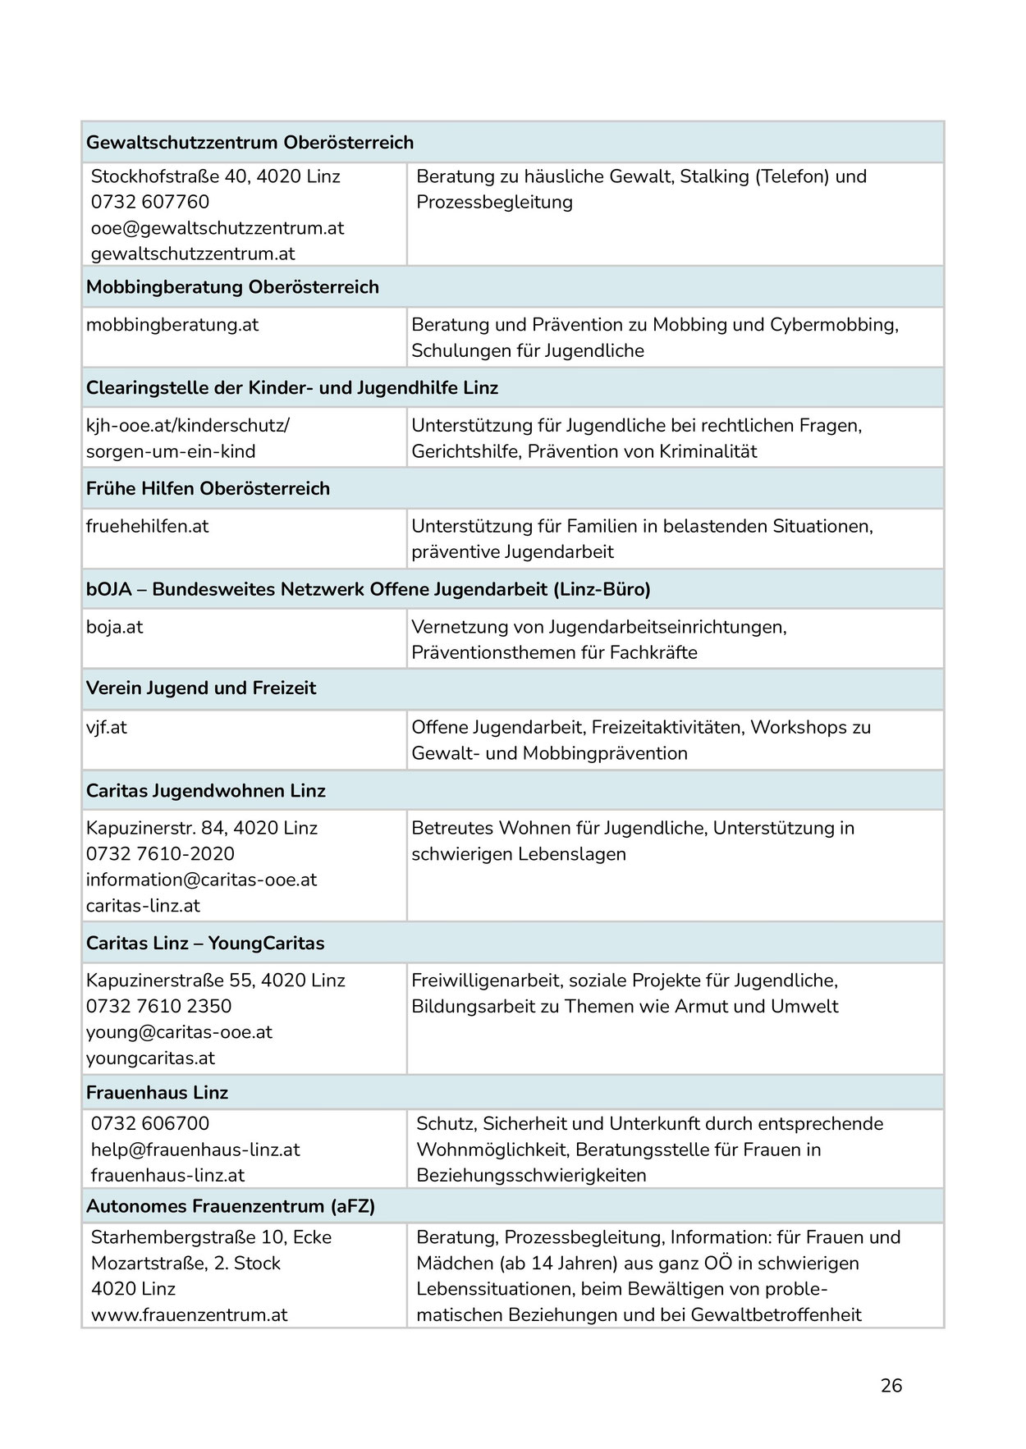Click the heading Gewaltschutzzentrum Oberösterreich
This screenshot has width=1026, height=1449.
pyautogui.click(x=250, y=143)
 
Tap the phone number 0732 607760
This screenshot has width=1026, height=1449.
pyautogui.click(x=150, y=202)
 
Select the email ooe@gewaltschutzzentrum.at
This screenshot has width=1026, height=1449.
pyautogui.click(x=218, y=228)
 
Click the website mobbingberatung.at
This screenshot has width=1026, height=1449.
pyautogui.click(x=172, y=325)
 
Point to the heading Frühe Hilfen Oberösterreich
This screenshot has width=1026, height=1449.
pyautogui.click(x=208, y=489)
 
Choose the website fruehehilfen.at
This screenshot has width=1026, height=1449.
pyautogui.click(x=148, y=527)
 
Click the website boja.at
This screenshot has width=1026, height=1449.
pyautogui.click(x=115, y=628)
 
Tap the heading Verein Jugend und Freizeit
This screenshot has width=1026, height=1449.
pyautogui.click(x=201, y=688)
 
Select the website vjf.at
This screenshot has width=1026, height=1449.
pyautogui.click(x=107, y=728)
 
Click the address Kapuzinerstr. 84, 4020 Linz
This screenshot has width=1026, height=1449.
pyautogui.click(x=202, y=828)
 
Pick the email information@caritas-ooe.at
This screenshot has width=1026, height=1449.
pyautogui.click(x=201, y=880)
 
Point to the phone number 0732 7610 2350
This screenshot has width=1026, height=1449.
pyautogui.click(x=159, y=1007)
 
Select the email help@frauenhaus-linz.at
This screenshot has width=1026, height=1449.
pyautogui.click(x=196, y=1150)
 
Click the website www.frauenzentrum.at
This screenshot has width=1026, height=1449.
pyautogui.click(x=190, y=1314)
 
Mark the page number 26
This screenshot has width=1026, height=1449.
pyautogui.click(x=891, y=1386)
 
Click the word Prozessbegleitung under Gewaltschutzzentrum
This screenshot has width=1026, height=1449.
pyautogui.click(x=494, y=203)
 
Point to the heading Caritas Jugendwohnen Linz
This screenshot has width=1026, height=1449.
pyautogui.click(x=206, y=791)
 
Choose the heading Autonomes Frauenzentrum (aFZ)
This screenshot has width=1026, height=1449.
pyautogui.click(x=231, y=1207)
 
